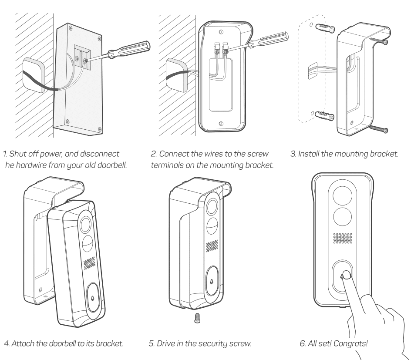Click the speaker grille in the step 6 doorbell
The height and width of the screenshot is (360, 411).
[x=344, y=238]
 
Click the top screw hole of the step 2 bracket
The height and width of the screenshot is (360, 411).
[x=222, y=32]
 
